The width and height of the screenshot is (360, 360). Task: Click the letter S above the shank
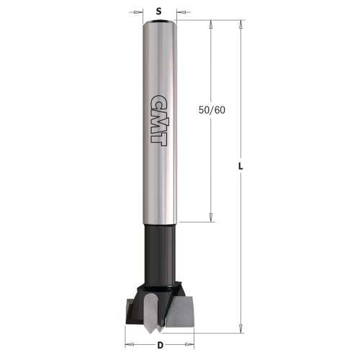pos(157,11)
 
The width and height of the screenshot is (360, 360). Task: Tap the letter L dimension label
pos(242,167)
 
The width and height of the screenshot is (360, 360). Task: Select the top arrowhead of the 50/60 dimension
pos(210,24)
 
